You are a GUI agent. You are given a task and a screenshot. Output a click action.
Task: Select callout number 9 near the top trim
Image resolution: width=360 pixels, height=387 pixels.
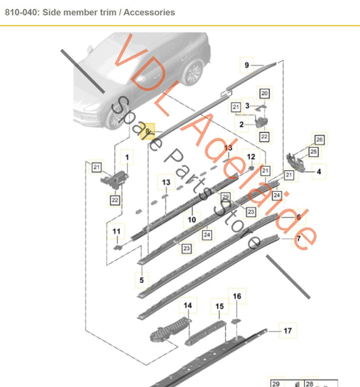click(x=247, y=65)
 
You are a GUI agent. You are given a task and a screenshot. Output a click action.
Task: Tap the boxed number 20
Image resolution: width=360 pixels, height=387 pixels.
click(x=264, y=93)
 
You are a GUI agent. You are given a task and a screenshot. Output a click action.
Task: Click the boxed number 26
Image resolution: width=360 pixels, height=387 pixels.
click(x=319, y=140)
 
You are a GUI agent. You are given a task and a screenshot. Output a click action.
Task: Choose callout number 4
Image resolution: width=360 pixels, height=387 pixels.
click(x=319, y=172)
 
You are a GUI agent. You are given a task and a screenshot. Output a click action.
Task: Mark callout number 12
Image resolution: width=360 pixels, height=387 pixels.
click(x=251, y=157)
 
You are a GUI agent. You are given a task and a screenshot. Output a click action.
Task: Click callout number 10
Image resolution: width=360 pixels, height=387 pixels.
click(x=192, y=220)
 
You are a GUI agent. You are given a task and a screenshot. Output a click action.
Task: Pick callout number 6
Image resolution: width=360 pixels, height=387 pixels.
click(x=299, y=217)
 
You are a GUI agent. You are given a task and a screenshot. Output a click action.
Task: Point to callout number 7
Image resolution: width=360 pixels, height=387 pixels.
click(x=299, y=239)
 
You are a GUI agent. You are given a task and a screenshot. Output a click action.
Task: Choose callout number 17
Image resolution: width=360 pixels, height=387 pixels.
click(x=287, y=330)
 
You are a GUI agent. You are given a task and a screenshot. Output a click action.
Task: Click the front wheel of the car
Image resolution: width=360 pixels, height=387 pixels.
click(x=192, y=72)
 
